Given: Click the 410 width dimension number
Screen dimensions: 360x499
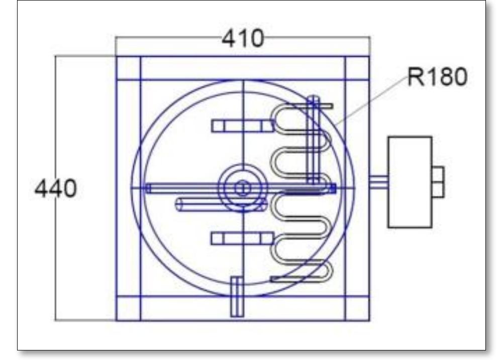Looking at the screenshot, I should click(x=242, y=39).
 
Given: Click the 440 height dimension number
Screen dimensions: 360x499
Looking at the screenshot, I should click(x=56, y=189).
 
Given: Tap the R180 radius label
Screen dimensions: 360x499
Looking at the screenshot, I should click(x=437, y=78).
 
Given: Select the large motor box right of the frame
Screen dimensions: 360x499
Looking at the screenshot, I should click(x=410, y=182).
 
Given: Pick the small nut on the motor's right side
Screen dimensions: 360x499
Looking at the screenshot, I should click(x=438, y=182).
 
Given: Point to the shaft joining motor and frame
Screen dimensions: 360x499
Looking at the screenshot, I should click(x=378, y=182).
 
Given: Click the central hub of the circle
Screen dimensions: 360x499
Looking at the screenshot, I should click(x=243, y=188).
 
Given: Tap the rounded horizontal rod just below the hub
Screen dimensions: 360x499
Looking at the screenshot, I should click(x=221, y=204).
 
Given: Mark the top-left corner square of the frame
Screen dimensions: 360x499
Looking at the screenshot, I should click(x=128, y=68).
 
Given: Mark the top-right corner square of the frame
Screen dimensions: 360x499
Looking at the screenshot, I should click(x=357, y=68).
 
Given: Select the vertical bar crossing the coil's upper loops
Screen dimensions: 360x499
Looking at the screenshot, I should click(x=313, y=141).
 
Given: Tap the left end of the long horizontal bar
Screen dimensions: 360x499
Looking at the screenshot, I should click(x=149, y=188).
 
